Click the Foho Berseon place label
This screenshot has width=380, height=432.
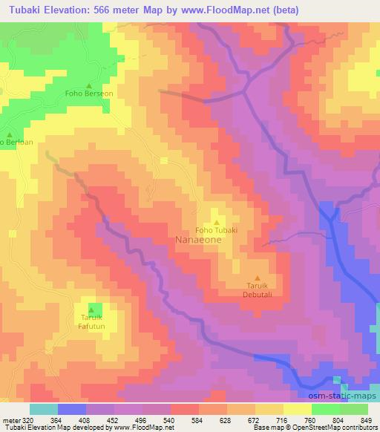click(89, 94)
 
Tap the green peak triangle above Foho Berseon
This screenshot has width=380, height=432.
click(89, 85)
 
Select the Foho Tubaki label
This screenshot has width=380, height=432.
click(217, 229)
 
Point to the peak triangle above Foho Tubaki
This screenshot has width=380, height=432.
click(217, 220)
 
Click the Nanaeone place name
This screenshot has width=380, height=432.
click(199, 240)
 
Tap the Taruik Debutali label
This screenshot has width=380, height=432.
click(258, 289)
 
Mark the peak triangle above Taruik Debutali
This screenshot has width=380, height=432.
click(258, 278)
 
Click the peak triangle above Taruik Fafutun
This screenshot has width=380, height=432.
click(92, 310)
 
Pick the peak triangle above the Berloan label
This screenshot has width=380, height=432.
click(9, 131)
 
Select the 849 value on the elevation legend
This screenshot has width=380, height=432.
click(366, 419)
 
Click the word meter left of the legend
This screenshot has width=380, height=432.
click(10, 419)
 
